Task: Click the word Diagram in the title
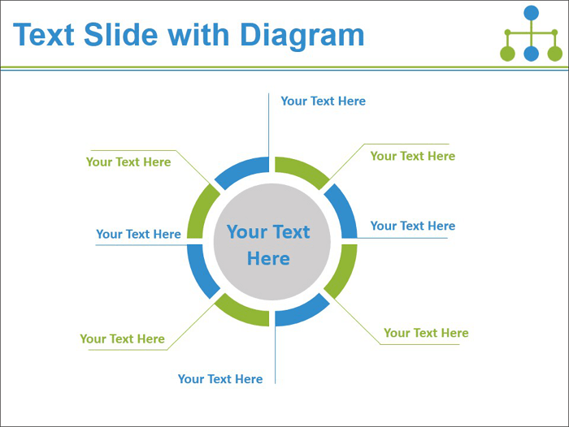[302, 35]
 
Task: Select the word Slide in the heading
[121, 34]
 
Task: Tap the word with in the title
[198, 34]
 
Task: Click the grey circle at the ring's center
[271, 242]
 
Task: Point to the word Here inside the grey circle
[268, 259]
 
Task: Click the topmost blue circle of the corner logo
[532, 13]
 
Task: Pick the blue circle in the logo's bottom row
[532, 54]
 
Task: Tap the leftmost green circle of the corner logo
[507, 54]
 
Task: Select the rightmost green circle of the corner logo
[555, 54]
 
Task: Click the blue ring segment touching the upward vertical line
[241, 170]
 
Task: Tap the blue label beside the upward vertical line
[324, 101]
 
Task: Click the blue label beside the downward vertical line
[220, 379]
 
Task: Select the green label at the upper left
[128, 162]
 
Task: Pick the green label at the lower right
[427, 333]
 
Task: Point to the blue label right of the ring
[413, 226]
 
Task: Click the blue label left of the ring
[139, 234]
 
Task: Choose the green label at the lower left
[122, 339]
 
